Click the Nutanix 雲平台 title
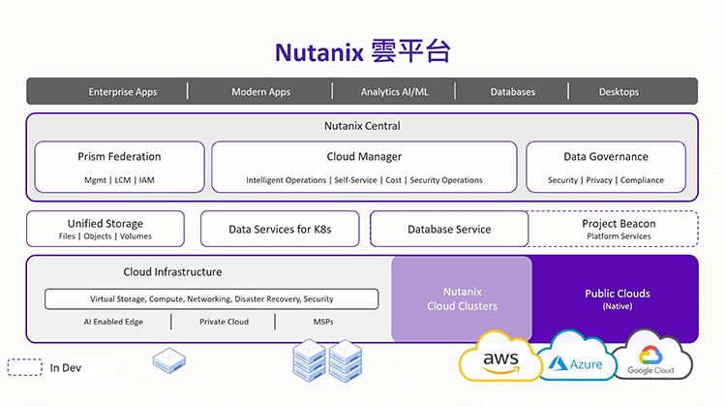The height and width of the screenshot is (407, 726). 362,51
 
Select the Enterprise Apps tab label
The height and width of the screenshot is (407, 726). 123,92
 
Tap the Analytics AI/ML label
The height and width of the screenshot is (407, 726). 393,92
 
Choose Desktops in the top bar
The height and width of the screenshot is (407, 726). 620,92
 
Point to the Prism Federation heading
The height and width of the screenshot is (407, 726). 119,157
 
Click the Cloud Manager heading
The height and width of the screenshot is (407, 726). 364,157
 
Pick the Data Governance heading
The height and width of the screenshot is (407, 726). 606,157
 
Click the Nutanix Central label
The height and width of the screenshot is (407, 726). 362,126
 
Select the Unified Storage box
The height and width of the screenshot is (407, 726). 106,229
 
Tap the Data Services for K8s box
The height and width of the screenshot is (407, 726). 280,230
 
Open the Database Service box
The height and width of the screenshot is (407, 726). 449,230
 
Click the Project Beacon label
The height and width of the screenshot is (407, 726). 619,224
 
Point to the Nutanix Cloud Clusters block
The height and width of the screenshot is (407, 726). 462,298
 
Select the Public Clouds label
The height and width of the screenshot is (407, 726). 618,294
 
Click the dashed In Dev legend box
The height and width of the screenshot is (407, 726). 23,367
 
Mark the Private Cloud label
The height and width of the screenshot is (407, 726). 224,322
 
